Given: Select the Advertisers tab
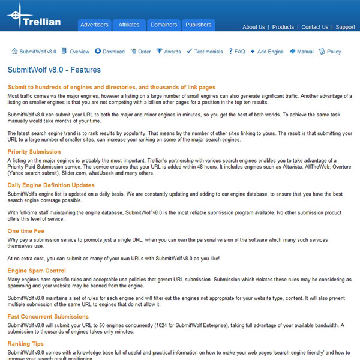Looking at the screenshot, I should coord(94,25).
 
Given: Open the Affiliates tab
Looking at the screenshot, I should coord(129,25).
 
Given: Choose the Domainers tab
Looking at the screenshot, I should coord(164,25).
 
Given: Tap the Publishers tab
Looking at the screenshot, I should coord(198,25).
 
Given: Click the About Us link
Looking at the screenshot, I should coord(253,27).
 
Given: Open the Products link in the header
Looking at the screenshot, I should coord(283,27).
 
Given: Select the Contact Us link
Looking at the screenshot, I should coord(315,27).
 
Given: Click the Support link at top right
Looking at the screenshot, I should coord(346,27).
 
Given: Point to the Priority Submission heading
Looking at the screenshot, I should coord(34,152).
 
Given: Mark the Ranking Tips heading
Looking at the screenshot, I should coord(25,344).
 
